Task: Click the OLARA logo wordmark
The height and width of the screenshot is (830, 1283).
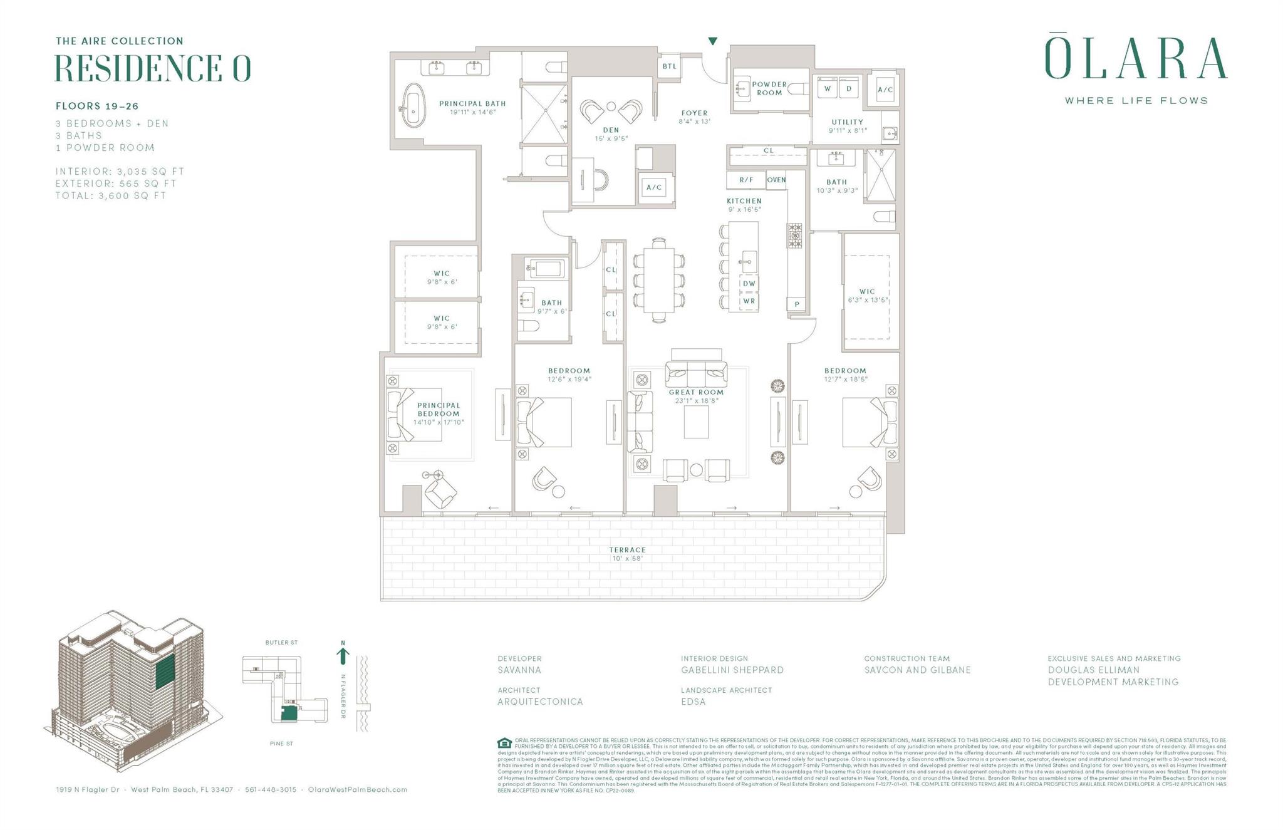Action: point(1136,59)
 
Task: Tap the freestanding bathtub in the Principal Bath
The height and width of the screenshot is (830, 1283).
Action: point(412,105)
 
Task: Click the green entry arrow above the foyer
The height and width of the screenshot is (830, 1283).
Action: point(712,41)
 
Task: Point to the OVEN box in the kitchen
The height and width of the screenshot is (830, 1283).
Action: point(776,180)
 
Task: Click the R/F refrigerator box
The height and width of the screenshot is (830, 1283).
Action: point(745,180)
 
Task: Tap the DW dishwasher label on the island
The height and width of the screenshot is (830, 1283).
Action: point(749,283)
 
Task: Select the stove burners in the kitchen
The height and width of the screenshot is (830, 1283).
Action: point(794,236)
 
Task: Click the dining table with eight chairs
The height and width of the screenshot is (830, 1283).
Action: point(658,279)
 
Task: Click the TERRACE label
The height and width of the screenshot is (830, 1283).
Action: point(627,550)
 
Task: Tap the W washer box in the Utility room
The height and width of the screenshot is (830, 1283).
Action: point(828,88)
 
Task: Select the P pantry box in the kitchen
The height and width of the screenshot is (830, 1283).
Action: point(796,304)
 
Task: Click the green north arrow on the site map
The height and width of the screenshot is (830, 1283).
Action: point(343,655)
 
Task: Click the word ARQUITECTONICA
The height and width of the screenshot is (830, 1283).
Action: point(540,702)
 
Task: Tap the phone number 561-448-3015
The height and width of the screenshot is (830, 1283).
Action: point(271,789)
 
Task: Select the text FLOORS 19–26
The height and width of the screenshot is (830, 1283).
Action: point(97,106)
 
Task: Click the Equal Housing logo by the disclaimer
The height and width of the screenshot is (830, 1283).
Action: point(504,744)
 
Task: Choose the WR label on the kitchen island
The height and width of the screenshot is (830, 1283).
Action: point(749,301)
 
